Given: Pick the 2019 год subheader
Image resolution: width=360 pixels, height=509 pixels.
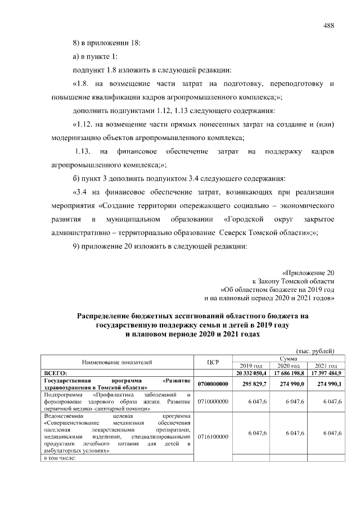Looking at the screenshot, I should [x=251, y=366].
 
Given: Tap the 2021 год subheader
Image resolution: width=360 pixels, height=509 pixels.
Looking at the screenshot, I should [x=325, y=366].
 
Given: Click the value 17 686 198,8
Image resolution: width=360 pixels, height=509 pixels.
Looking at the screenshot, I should [x=288, y=373].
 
